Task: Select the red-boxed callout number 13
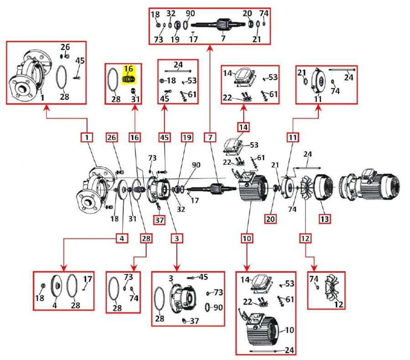click(x=324, y=219)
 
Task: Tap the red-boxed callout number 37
click(x=159, y=220)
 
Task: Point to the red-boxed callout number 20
click(x=271, y=219)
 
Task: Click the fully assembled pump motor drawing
click(x=372, y=186)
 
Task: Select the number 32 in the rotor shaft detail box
click(x=171, y=13)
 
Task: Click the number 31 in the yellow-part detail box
click(x=135, y=99)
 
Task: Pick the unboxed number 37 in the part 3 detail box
click(x=195, y=321)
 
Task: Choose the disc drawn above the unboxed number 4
click(x=55, y=288)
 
